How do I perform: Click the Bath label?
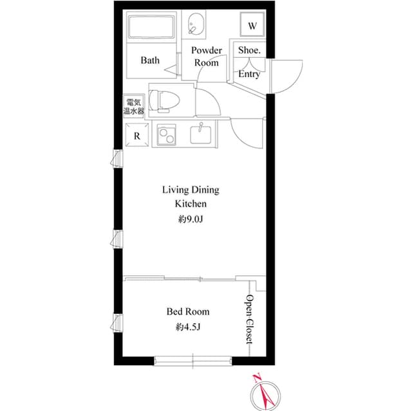coord(150,60)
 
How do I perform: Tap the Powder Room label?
coord(206,57)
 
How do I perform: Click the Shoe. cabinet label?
coord(249,50)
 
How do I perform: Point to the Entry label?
coord(249,75)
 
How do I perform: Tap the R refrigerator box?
coord(136,136)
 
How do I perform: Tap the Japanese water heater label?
coord(135,107)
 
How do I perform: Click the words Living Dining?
coord(190,190)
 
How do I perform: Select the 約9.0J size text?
coord(191,219)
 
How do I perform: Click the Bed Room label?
coord(188,312)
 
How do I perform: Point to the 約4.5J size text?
coord(188,327)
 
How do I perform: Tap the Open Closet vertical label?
coord(250,320)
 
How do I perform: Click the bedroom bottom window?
coord(192,358)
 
